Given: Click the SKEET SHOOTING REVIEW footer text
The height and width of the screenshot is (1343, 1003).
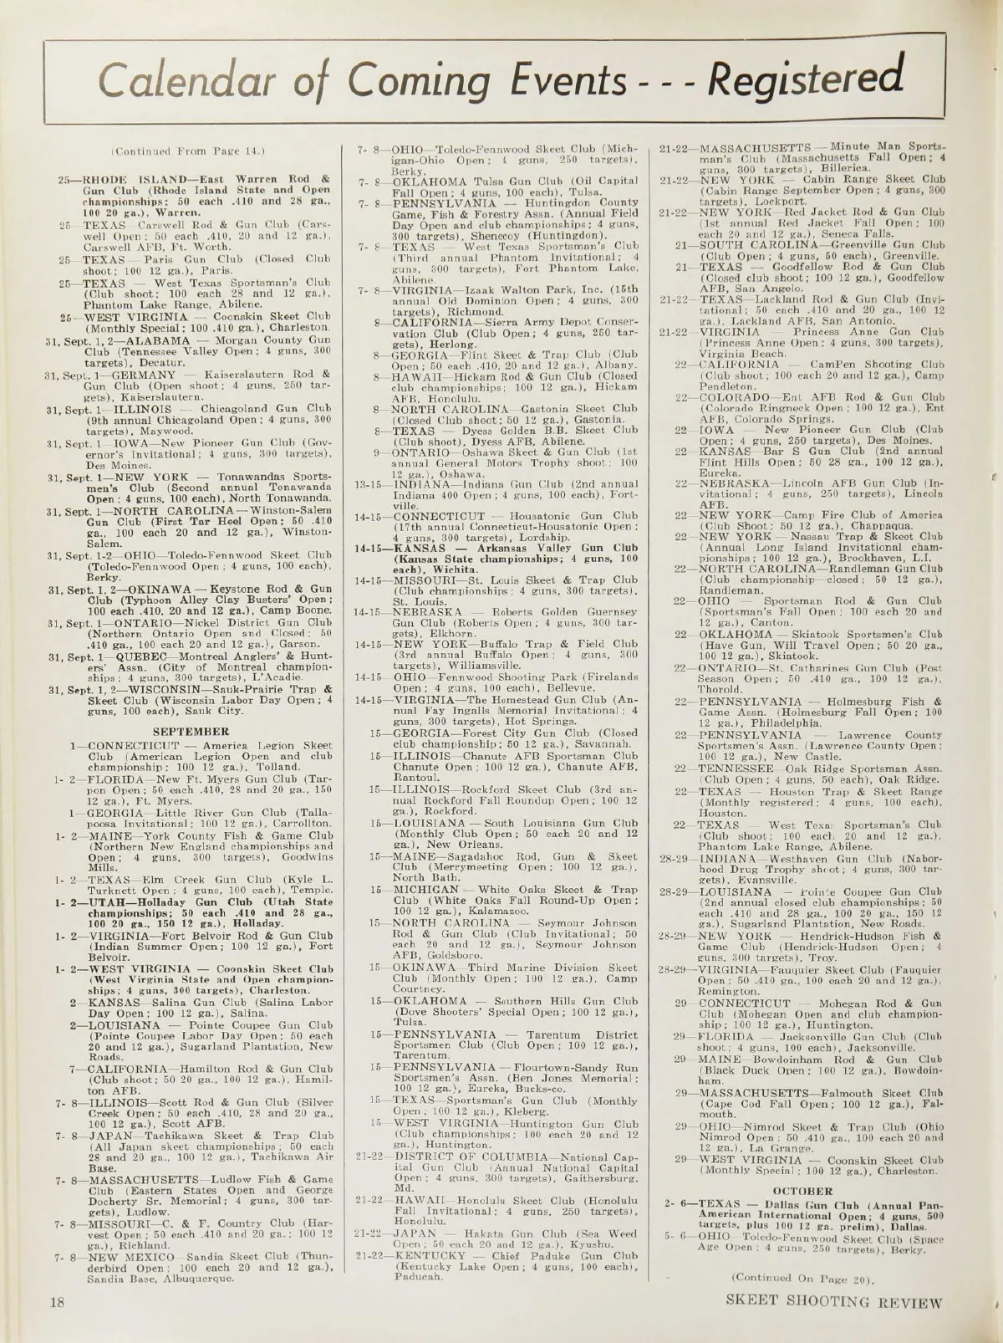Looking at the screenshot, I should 833,1302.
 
